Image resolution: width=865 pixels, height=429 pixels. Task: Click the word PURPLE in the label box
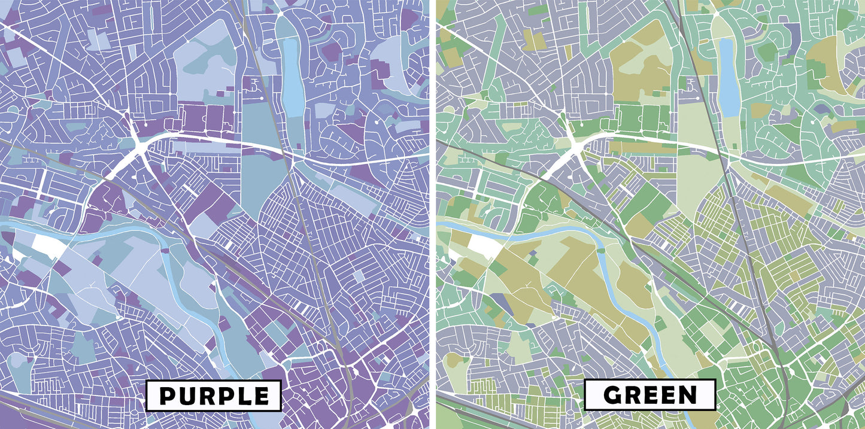click(x=214, y=396)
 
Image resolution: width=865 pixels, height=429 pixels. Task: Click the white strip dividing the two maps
click(x=432, y=214)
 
